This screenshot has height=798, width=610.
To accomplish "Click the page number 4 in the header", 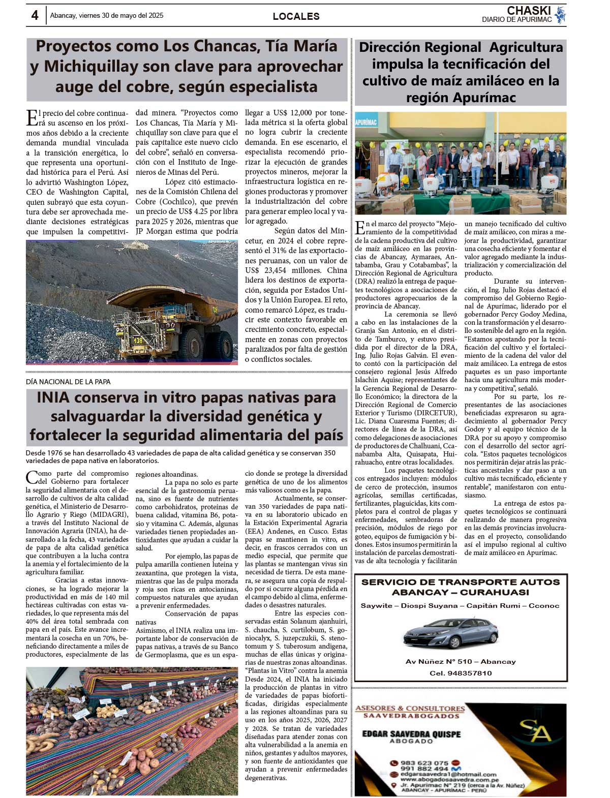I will pos(35,16).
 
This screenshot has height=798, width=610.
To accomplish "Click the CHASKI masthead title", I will pos(529,10).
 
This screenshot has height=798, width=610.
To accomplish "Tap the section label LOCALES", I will pos(296,16).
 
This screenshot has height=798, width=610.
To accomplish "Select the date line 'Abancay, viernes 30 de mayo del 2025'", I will pos(107,16).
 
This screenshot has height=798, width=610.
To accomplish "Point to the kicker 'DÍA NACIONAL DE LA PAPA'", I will pos(68,382).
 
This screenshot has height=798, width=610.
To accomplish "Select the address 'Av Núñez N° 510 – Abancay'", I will pos(461,661).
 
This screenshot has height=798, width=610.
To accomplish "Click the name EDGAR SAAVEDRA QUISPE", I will pos(411,734).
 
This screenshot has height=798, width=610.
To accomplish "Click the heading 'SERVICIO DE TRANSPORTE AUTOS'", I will pos(460,582).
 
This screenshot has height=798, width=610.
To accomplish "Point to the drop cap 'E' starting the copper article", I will pos(31,118).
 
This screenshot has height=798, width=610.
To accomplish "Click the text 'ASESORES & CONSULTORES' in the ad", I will pos(410,708).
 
